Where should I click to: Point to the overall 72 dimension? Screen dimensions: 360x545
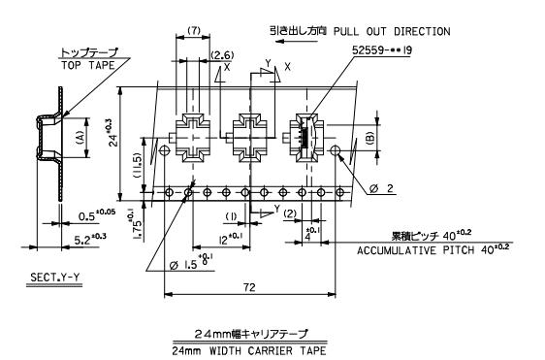click(253, 285)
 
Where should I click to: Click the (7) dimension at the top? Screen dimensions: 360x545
click(192, 31)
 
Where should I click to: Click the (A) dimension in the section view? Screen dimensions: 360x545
click(79, 137)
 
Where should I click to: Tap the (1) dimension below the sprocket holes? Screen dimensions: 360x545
click(230, 215)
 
